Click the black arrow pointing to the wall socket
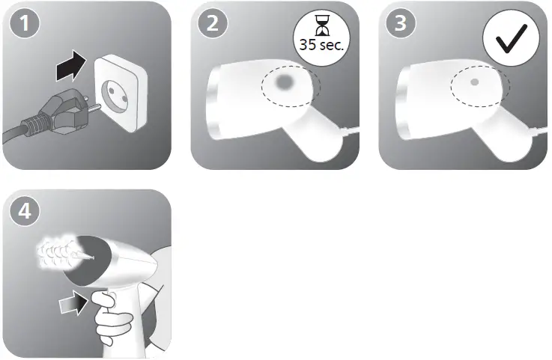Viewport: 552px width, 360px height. pyautogui.click(x=75, y=71)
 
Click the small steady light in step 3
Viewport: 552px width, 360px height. pyautogui.click(x=474, y=82)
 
